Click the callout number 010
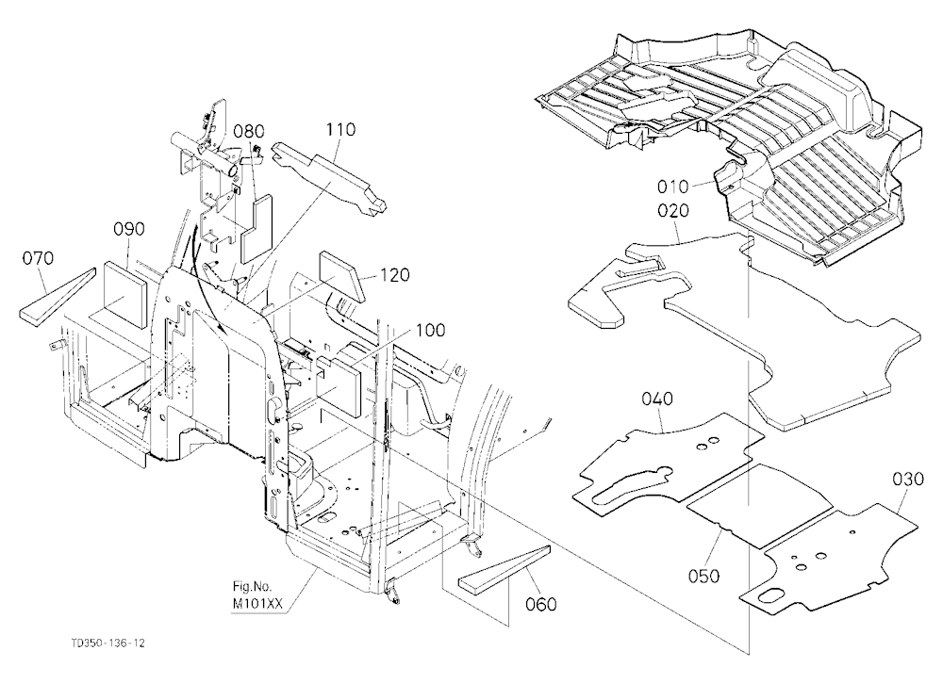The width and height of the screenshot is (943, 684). click(x=672, y=187)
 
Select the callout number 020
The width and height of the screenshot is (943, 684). click(x=673, y=211)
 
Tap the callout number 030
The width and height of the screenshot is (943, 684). click(x=907, y=479)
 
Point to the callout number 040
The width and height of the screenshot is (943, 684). click(x=656, y=399)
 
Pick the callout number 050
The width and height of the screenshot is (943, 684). click(x=703, y=576)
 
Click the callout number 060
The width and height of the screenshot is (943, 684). click(x=540, y=604)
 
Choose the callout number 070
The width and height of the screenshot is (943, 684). click(x=38, y=258)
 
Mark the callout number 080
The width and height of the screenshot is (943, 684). click(x=249, y=131)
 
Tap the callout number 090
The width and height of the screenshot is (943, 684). click(x=128, y=229)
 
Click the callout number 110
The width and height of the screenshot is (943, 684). click(x=340, y=129)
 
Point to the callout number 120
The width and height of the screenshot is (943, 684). click(x=394, y=275)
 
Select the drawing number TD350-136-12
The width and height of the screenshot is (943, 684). click(x=108, y=643)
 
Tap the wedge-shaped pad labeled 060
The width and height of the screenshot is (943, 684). click(x=504, y=568)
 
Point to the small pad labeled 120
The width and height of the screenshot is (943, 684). click(x=341, y=276)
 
